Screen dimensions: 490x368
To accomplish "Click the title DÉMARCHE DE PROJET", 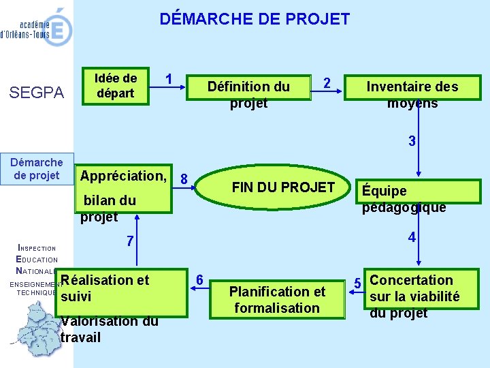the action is [255, 19].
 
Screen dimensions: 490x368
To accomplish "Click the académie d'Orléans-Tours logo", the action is [37, 27].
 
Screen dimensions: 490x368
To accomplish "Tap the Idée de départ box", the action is [116, 86].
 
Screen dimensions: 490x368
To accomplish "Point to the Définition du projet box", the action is [248, 93].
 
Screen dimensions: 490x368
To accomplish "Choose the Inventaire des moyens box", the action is [412, 93].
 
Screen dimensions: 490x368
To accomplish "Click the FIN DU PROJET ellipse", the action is [283, 187].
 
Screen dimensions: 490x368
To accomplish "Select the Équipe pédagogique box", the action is [404, 199].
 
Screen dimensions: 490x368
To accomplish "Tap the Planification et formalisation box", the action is [277, 300].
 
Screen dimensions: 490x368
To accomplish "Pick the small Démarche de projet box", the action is [37, 169].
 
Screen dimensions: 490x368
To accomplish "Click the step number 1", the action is [169, 78].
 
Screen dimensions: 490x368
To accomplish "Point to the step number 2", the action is [327, 83].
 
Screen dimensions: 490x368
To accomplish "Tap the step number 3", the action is [412, 142].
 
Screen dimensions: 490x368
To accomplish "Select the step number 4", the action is [412, 238].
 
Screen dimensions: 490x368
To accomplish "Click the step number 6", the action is [199, 279].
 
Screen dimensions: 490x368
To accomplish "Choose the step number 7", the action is [130, 242].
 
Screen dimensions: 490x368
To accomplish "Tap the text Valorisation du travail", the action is [109, 330].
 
